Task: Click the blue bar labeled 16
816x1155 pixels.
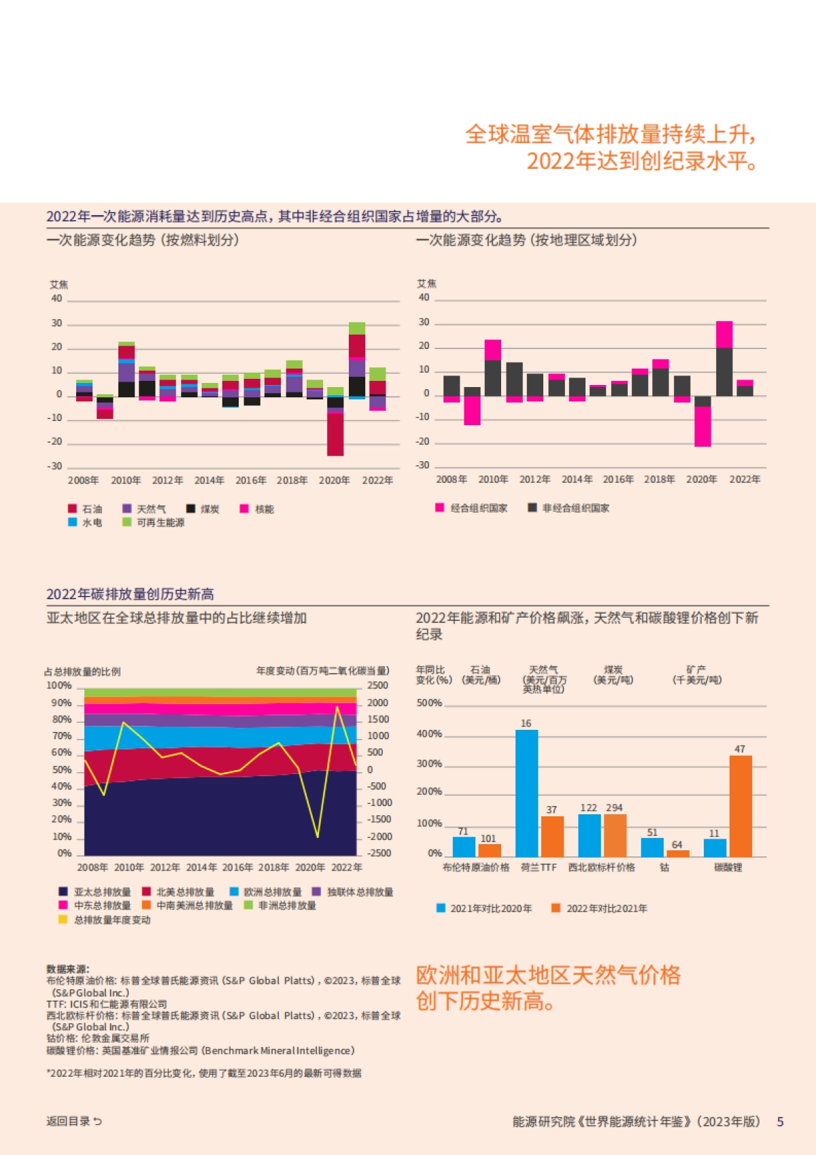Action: [x=526, y=792]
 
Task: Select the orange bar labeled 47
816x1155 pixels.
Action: [x=741, y=806]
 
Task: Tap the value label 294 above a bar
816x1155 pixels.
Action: [x=614, y=807]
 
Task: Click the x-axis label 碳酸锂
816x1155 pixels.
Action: [x=728, y=867]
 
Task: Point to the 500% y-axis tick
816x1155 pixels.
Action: [x=429, y=703]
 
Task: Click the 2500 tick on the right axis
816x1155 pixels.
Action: [x=377, y=686]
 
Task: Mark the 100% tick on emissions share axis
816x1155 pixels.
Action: [x=59, y=686]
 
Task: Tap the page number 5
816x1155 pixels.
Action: [x=780, y=1122]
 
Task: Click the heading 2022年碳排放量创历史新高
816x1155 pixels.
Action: [x=130, y=594]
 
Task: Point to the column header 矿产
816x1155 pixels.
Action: [x=696, y=669]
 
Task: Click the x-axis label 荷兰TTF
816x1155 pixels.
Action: [x=539, y=867]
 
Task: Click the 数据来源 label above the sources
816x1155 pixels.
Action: [x=67, y=969]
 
